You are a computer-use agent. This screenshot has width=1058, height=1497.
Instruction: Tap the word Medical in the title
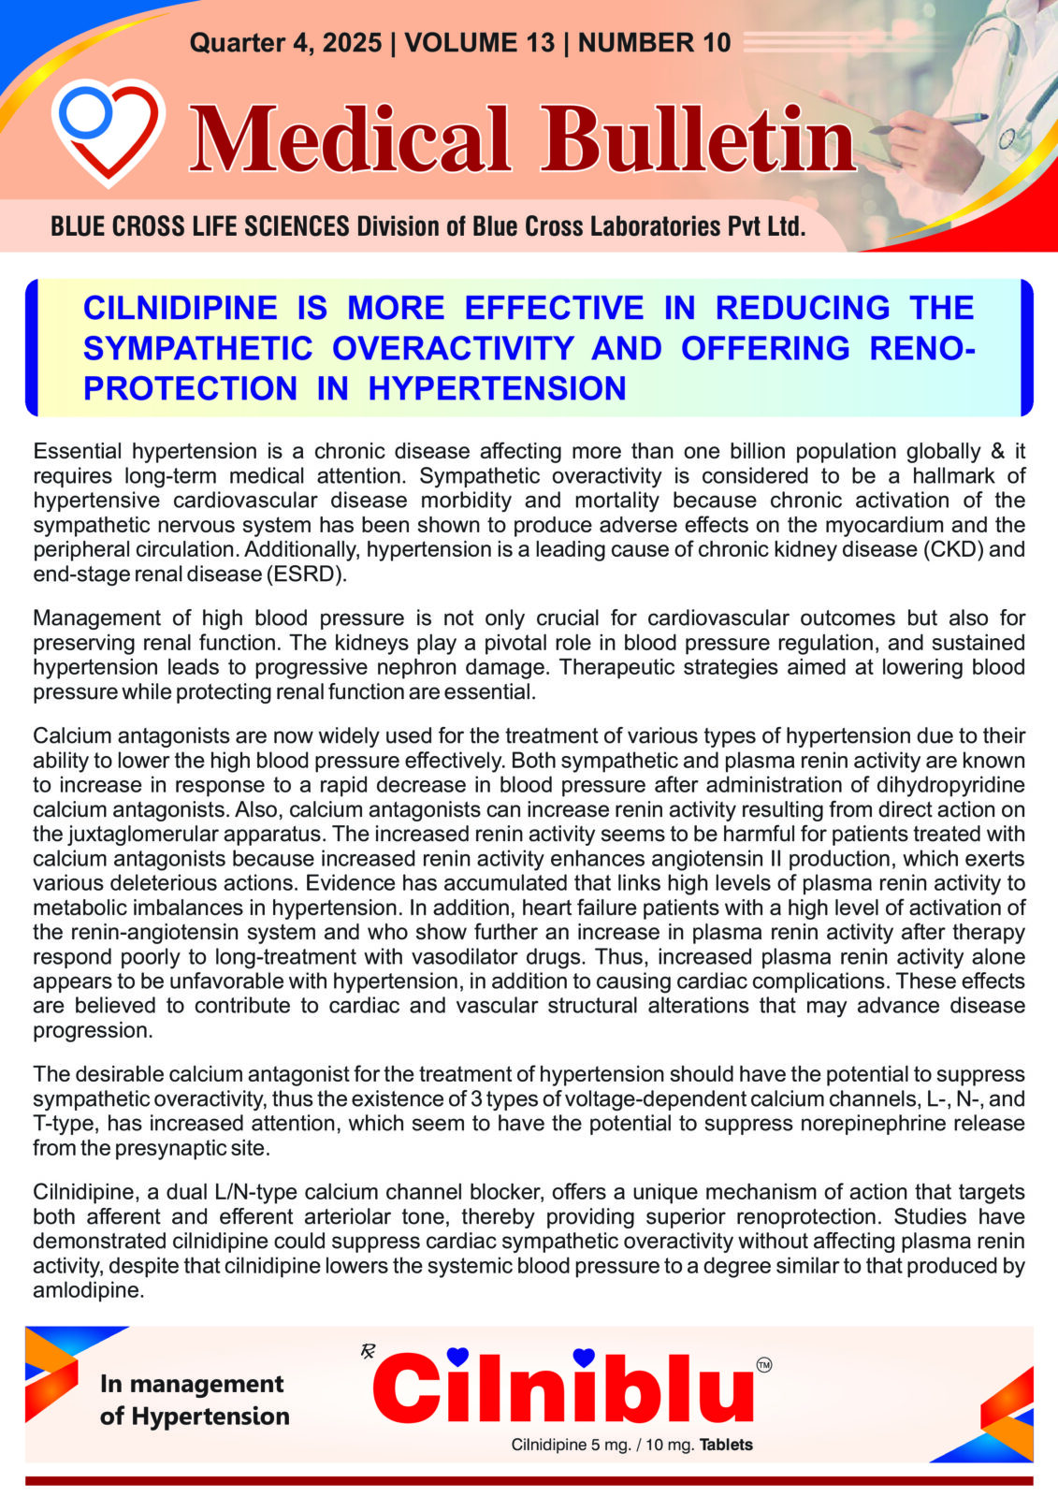(351, 140)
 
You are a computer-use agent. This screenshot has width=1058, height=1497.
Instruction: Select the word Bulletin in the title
(697, 140)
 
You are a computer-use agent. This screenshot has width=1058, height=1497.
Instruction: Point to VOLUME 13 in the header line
(480, 43)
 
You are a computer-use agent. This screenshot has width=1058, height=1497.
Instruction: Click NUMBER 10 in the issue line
(654, 43)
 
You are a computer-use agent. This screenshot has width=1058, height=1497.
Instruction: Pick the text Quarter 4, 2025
(285, 43)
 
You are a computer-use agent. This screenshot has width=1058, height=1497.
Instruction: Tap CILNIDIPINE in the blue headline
(180, 308)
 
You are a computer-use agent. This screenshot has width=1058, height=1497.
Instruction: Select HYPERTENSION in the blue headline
(497, 388)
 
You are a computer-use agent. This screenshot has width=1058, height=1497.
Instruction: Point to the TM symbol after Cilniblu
(763, 1366)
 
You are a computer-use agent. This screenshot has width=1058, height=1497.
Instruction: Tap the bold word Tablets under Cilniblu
(726, 1445)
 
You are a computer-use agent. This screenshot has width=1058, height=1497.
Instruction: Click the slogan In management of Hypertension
(194, 1400)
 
